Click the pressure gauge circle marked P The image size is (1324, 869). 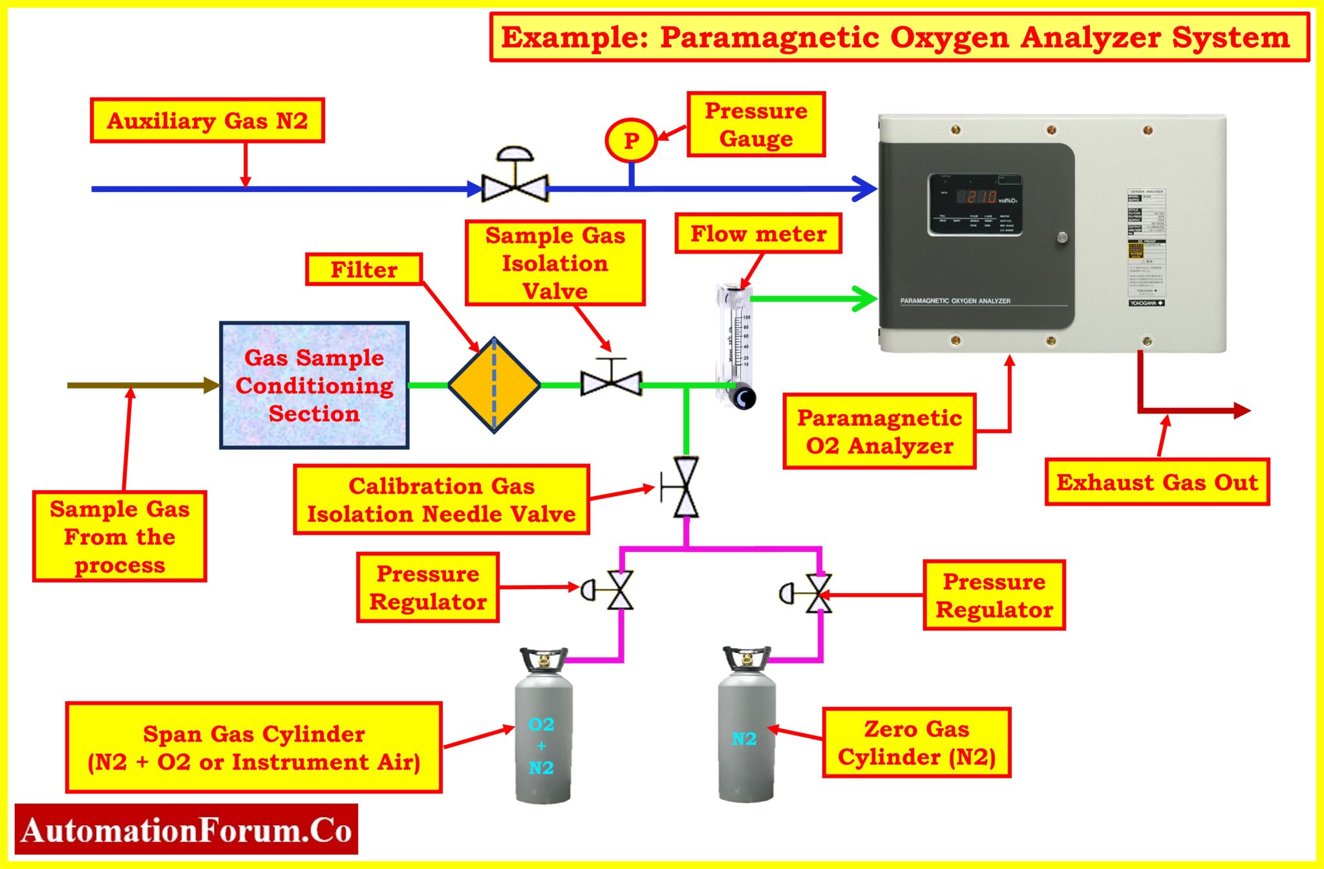point(631,140)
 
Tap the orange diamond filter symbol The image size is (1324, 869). point(494,385)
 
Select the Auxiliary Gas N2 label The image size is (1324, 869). point(207,121)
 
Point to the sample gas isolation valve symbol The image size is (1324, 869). point(611,381)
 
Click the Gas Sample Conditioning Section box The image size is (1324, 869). point(314,385)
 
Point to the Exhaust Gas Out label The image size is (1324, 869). point(1157,482)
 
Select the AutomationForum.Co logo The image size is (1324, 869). point(186,830)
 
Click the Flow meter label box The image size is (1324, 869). point(758,234)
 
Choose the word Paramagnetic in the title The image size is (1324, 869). point(769,38)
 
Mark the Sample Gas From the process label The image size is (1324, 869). point(120,537)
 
